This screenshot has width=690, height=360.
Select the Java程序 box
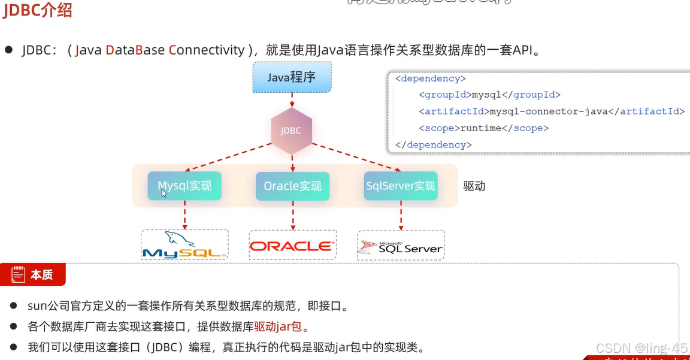(x=291, y=77)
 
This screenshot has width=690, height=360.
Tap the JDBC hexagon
(x=291, y=131)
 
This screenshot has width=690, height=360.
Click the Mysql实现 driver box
(x=184, y=186)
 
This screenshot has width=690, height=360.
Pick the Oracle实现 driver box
(x=292, y=186)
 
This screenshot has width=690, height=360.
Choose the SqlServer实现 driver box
(x=401, y=186)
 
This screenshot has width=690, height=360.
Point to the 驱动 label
(x=474, y=186)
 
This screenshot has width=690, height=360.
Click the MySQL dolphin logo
(x=184, y=245)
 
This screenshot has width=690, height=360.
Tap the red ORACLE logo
(x=292, y=246)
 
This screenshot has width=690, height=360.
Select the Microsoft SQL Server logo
(x=401, y=246)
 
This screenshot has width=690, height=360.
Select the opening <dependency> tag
(x=430, y=78)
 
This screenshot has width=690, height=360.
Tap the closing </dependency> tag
(x=433, y=145)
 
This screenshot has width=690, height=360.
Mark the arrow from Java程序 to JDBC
(x=291, y=100)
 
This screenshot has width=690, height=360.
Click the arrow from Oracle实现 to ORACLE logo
(x=292, y=215)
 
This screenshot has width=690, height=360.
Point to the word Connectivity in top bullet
(x=207, y=50)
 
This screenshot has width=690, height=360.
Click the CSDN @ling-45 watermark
(x=643, y=347)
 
